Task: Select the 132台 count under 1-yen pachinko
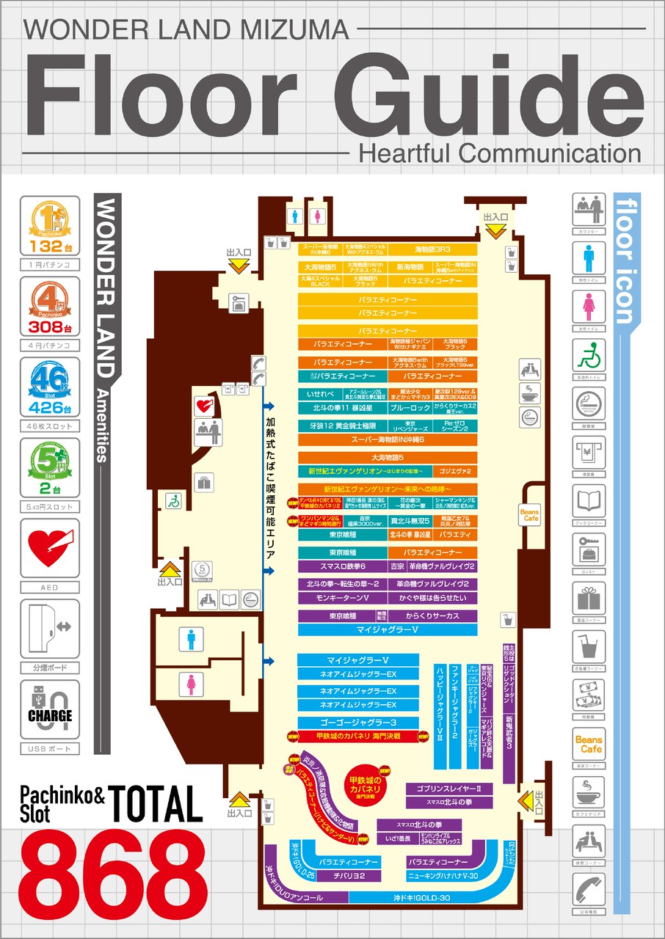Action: [50, 246]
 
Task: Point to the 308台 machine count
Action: [50, 327]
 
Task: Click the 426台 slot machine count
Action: [50, 409]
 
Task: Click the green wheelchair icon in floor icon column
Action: [589, 356]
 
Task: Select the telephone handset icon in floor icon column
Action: [589, 891]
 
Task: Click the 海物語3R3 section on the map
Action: [432, 249]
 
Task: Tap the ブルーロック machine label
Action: [410, 407]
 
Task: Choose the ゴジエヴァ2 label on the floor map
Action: [454, 471]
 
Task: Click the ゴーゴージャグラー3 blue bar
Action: [357, 723]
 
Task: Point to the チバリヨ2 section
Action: [346, 876]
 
